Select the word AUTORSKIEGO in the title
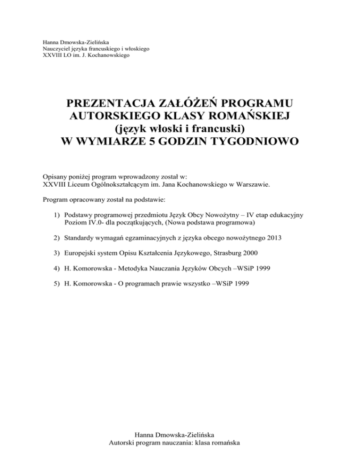(x=116, y=116)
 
